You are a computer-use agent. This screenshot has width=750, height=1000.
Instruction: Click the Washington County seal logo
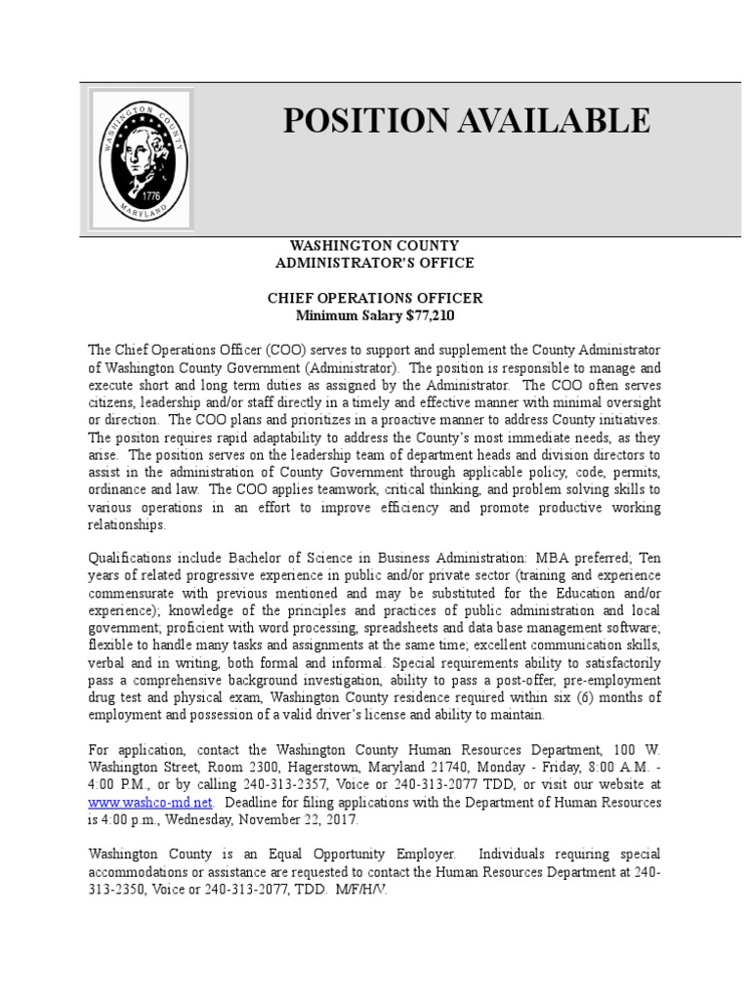[x=141, y=159]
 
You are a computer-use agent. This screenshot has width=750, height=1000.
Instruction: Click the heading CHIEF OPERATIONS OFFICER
[x=375, y=299]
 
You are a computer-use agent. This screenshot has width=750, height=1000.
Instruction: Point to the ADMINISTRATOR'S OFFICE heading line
[x=375, y=263]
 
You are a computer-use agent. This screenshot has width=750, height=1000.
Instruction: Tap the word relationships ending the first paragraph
[x=127, y=524]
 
